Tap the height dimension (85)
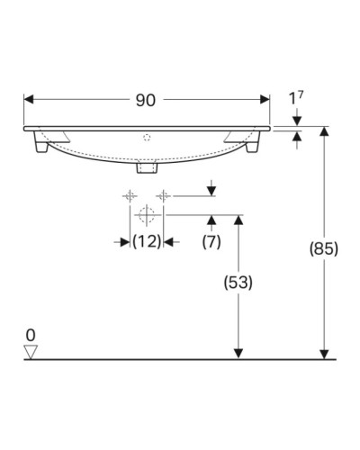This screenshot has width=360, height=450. pos(323,249)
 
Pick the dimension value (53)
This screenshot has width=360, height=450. pos(238,282)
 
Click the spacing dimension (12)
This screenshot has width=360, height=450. pos(146,242)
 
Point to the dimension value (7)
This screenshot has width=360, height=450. pos(211,242)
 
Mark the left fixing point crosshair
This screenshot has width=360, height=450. pos(129,194)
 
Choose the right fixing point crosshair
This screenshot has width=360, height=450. pos(163,194)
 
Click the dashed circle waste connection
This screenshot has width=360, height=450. pos(146,215)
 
